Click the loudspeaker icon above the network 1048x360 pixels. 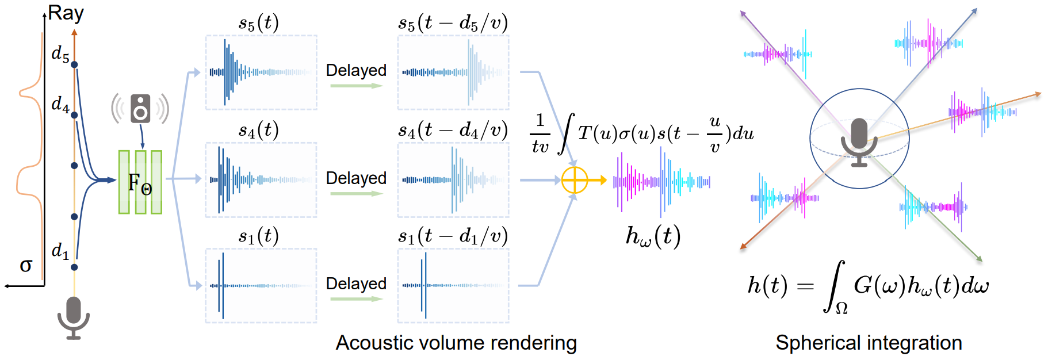[x=140, y=109]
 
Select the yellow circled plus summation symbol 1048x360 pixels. [x=574, y=181]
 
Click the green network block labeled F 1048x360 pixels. [x=140, y=182]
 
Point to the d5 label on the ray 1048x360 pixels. [x=60, y=53]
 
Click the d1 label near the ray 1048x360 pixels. [x=60, y=251]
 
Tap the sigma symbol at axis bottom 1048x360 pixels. [x=26, y=265]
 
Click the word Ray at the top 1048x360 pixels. [x=66, y=13]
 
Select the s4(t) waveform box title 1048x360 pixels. [x=259, y=131]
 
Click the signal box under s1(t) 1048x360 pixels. [x=261, y=285]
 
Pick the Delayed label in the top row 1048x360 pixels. [x=356, y=70]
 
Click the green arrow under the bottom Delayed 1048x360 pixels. [x=357, y=299]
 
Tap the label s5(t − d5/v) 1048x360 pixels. [x=453, y=23]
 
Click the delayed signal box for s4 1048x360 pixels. [x=453, y=180]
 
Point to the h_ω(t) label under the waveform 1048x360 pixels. [x=653, y=236]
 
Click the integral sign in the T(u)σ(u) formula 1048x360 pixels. [x=566, y=134]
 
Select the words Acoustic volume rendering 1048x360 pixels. [x=456, y=343]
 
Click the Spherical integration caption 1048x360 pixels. [x=869, y=343]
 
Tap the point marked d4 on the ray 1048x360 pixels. [x=74, y=115]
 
